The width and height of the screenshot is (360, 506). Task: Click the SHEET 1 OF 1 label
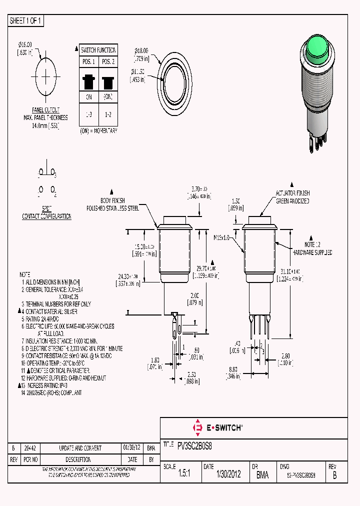point(26,20)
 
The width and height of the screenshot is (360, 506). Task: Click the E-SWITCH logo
point(217,427)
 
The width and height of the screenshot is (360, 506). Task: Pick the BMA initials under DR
point(262,475)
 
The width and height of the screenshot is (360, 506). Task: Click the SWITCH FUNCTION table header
point(98,50)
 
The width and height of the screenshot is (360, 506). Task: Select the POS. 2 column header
point(107,61)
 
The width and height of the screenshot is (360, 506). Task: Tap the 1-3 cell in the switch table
point(89,114)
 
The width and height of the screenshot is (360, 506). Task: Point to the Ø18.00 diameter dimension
point(143,53)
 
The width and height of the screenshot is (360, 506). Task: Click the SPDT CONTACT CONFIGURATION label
point(46,213)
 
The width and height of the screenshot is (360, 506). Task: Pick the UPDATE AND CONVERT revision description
point(80,448)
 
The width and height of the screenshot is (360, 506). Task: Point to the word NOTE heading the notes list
point(25,275)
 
